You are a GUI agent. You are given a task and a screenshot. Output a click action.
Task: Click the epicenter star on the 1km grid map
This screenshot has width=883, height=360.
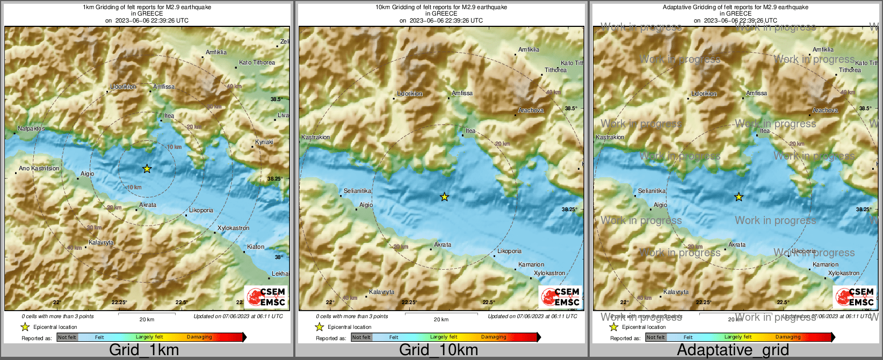tap(147, 169)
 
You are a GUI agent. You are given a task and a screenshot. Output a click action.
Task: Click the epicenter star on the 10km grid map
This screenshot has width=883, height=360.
tap(444, 197)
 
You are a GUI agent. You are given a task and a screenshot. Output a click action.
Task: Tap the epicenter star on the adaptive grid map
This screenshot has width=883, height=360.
tap(739, 197)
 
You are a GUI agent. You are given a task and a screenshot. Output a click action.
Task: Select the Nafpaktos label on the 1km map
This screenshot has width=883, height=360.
tap(31, 129)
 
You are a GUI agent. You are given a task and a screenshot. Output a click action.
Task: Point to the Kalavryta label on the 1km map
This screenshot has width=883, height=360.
tap(101, 243)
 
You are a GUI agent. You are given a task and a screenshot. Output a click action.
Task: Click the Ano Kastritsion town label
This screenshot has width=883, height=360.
tap(39, 169)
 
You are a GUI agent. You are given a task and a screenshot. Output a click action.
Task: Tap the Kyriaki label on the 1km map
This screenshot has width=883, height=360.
tap(264, 142)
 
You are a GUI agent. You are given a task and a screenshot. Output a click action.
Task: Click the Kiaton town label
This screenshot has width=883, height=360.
tap(256, 247)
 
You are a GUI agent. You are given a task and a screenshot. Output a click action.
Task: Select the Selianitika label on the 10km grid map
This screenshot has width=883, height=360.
tap(358, 191)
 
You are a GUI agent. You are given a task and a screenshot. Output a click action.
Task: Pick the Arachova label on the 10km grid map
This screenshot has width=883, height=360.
tap(531, 111)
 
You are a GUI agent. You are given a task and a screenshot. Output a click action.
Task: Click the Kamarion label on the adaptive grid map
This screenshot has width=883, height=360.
tap(826, 265)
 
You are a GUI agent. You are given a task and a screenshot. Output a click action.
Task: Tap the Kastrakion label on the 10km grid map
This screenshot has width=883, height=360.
tap(316, 138)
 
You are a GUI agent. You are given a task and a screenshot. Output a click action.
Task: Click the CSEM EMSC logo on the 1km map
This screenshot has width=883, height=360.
tap(266, 297)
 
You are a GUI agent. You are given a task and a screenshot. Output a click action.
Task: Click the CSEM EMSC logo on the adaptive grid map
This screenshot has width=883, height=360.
tap(855, 297)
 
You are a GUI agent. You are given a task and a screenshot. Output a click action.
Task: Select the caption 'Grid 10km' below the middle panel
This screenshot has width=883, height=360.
tap(438, 350)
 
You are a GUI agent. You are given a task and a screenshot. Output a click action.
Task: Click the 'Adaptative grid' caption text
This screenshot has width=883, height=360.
tap(733, 350)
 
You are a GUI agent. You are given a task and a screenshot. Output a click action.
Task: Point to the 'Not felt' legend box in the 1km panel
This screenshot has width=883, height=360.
tap(67, 337)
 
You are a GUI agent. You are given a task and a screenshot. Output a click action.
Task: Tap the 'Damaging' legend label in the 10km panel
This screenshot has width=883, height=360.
tap(494, 337)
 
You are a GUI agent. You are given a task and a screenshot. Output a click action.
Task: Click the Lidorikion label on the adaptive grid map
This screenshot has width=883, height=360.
tap(704, 94)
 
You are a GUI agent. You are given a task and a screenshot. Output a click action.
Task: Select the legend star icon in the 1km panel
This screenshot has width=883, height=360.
tap(25, 327)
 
